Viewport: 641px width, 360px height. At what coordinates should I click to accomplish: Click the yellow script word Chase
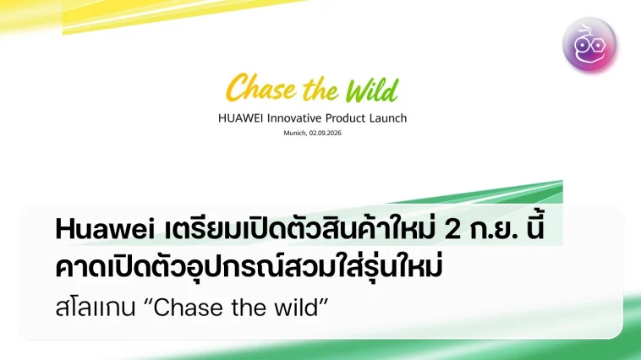coord(260,87)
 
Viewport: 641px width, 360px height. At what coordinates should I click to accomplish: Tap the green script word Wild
coord(371,90)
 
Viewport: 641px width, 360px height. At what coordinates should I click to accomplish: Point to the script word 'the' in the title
coord(320,90)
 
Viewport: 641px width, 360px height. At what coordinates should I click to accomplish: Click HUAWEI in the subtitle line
coord(240,118)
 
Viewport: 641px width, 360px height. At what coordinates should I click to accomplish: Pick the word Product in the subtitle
coord(345,118)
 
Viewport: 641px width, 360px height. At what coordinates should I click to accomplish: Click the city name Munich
coord(295,134)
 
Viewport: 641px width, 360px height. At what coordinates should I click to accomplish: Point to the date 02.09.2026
coord(325,134)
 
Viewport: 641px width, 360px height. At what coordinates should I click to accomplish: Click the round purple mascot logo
coord(589,45)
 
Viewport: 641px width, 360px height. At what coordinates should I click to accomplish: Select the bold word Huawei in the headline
coord(105,229)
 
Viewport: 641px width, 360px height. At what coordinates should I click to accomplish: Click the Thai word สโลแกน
coord(96,308)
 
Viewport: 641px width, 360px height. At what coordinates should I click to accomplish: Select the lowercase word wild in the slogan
coord(296,308)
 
